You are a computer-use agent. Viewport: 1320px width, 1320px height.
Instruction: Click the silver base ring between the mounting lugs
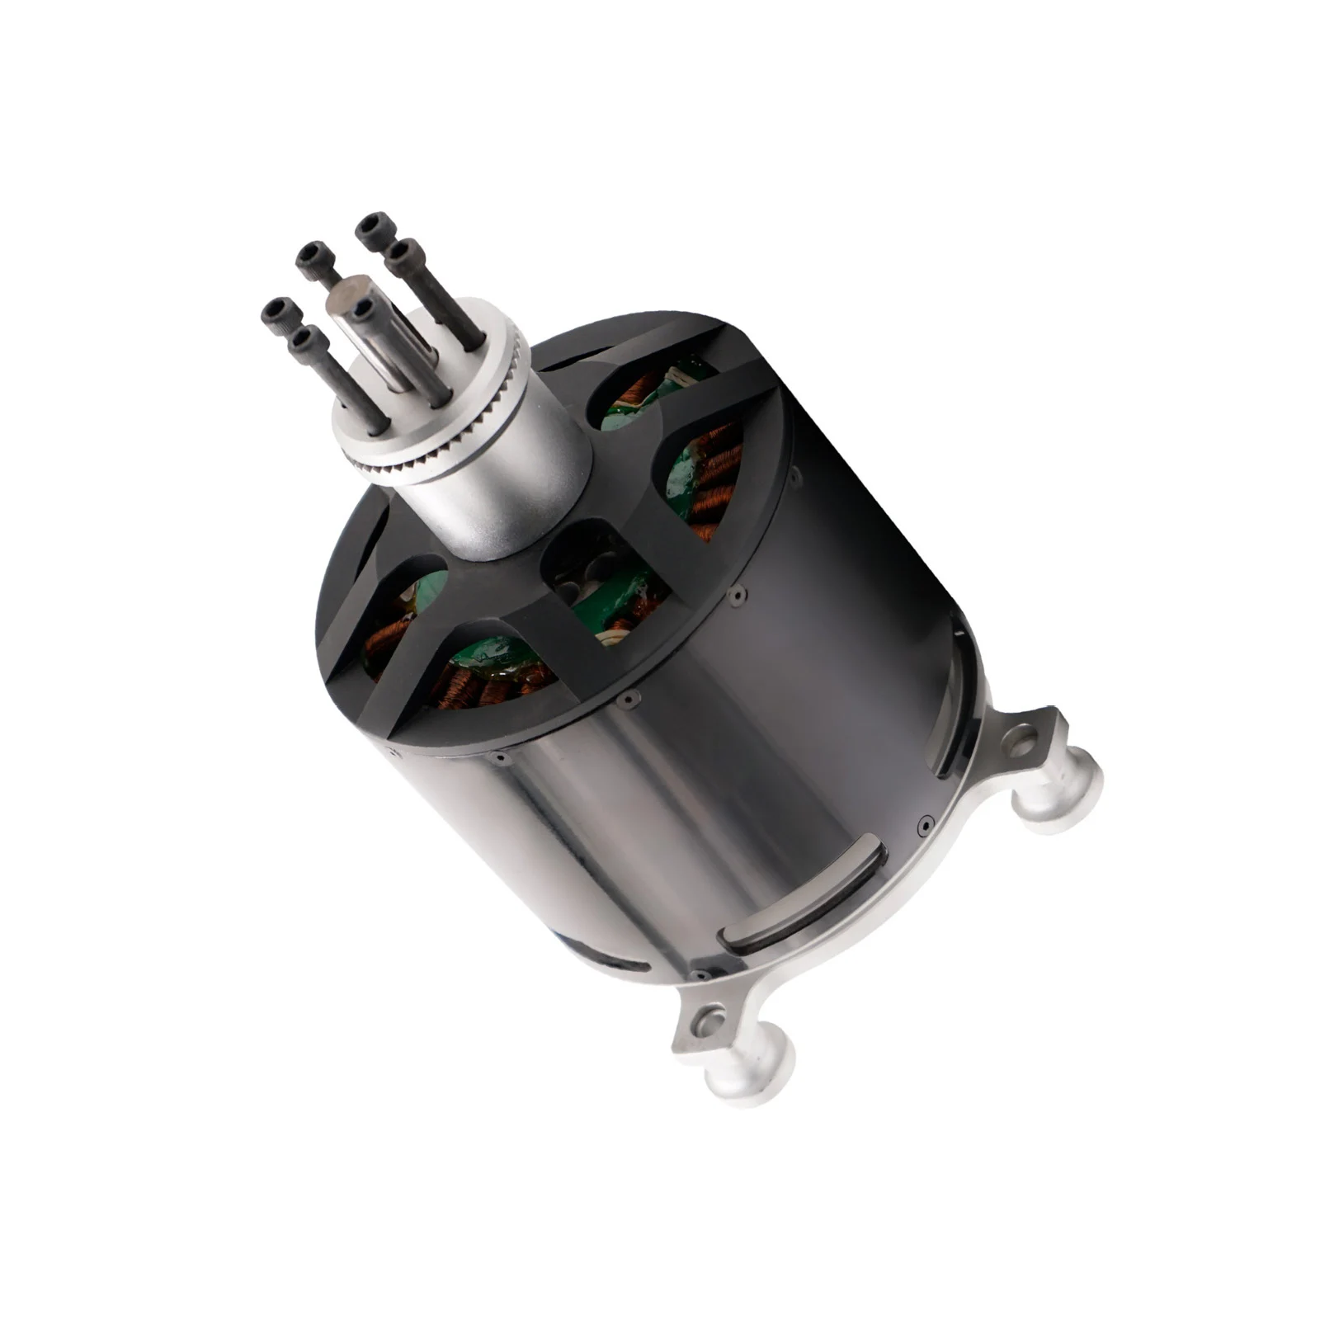pos(907,891)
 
